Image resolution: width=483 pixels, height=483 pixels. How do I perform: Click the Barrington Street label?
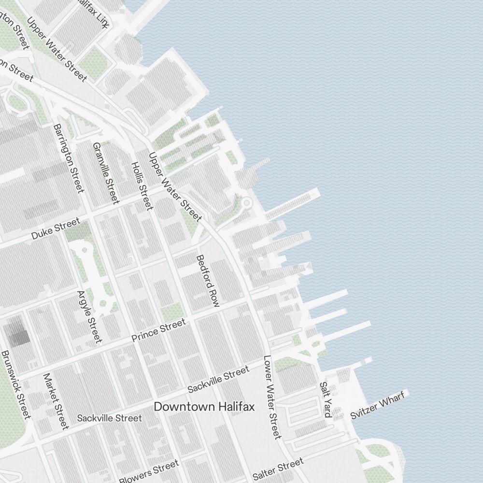69,158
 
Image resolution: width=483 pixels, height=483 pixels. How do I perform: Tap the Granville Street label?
106,172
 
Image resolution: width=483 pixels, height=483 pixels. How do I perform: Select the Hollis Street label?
142,186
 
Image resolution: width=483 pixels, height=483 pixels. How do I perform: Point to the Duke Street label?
56,229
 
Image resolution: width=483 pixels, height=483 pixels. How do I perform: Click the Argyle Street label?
90,316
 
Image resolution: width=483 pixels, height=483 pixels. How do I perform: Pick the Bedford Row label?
208,281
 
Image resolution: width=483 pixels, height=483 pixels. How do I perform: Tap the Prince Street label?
158,330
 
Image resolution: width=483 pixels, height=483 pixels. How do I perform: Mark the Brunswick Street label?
16,384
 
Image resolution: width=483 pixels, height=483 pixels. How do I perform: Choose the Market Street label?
56,400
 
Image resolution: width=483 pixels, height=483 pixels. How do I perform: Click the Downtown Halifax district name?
204,407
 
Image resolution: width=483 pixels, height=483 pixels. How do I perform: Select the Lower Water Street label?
272,397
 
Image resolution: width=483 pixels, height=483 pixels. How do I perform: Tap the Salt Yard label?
326,399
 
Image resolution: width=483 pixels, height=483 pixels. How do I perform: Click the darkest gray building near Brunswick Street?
17,332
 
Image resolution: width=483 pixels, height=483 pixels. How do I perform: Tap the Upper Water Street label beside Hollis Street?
174,186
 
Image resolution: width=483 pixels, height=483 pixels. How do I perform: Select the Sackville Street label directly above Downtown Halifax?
218,379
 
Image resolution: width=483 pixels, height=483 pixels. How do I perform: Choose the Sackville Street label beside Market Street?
110,418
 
